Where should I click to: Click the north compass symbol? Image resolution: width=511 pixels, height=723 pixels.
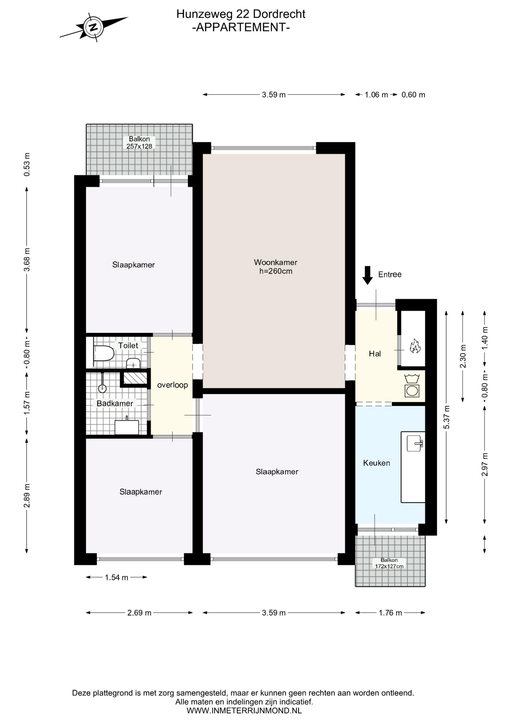(x=93, y=27)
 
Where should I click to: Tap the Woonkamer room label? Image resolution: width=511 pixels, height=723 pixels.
(x=275, y=262)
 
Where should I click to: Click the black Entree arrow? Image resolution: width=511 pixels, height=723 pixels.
(x=368, y=275)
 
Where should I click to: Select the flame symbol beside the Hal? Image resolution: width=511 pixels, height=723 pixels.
(x=415, y=346)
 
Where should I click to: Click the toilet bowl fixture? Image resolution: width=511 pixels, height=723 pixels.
(x=103, y=353)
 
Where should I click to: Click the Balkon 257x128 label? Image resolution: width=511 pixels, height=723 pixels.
(x=139, y=143)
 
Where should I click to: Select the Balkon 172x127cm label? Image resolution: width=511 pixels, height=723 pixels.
(x=389, y=563)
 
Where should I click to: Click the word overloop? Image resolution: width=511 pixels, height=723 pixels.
(x=172, y=385)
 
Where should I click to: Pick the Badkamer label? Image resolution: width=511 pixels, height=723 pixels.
(x=115, y=403)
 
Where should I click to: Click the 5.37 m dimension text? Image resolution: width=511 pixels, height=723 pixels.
(x=447, y=417)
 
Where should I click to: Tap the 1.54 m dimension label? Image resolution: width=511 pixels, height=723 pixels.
(x=117, y=577)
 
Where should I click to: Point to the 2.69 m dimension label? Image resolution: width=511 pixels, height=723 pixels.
(x=139, y=613)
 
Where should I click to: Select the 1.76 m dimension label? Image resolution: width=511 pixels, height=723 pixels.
(x=390, y=613)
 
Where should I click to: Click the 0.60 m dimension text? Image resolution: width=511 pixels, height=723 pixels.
(x=413, y=95)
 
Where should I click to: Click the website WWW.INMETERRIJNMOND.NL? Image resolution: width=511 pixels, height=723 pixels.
(x=244, y=711)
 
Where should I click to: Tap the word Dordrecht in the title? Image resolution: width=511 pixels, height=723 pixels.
(x=279, y=14)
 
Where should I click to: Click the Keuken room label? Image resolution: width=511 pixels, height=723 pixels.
(x=376, y=463)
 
